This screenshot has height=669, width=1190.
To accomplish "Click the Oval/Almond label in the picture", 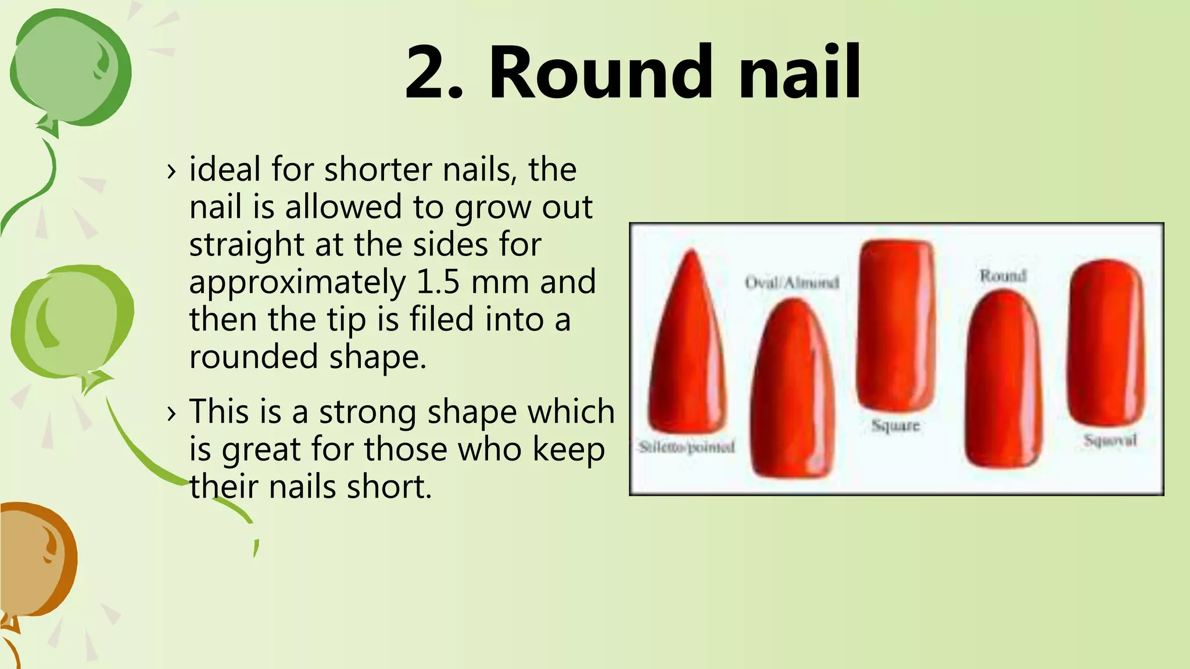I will [x=792, y=283].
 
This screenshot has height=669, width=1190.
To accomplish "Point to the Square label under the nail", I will [x=895, y=426].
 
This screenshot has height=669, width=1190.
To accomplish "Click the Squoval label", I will [x=1110, y=440].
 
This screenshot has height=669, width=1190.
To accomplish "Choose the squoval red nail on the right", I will [x=1107, y=343].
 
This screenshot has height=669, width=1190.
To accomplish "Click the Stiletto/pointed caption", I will [x=686, y=447].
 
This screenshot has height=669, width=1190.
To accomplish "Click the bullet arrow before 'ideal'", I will [x=171, y=171].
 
